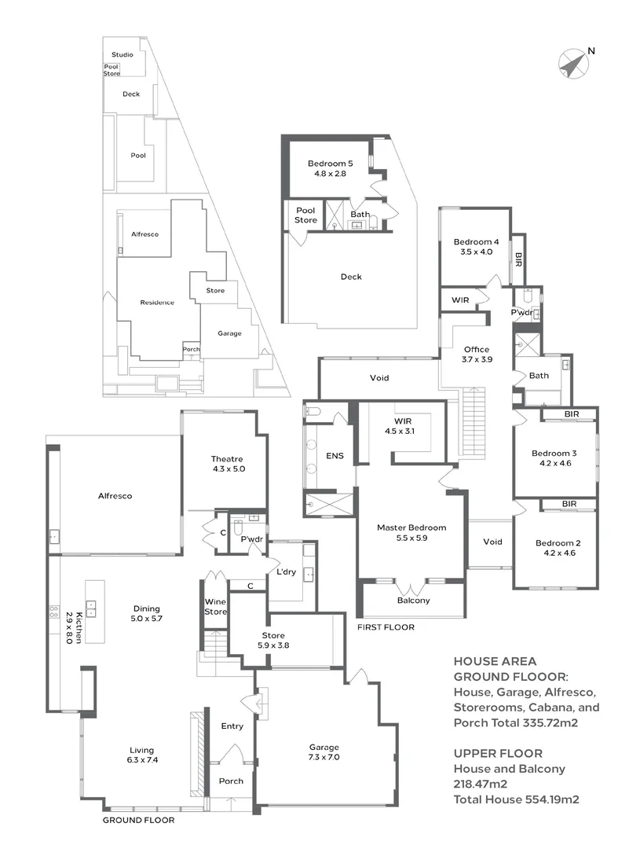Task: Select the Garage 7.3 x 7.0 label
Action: point(324,752)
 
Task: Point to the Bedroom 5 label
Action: point(330,164)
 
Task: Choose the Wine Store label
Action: point(215,606)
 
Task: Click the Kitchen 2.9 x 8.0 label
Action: point(74,627)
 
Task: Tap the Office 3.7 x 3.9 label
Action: point(477,354)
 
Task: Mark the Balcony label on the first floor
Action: point(413,601)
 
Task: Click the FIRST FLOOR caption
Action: point(386,627)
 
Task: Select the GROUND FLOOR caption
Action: point(138,820)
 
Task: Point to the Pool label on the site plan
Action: point(138,156)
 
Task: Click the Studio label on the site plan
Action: point(123,55)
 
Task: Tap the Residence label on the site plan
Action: point(157,303)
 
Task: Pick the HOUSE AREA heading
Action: point(495,661)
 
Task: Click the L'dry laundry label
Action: point(286,572)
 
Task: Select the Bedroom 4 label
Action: point(476,242)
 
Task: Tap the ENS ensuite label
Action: point(335,456)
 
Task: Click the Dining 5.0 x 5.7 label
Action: point(146,613)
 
